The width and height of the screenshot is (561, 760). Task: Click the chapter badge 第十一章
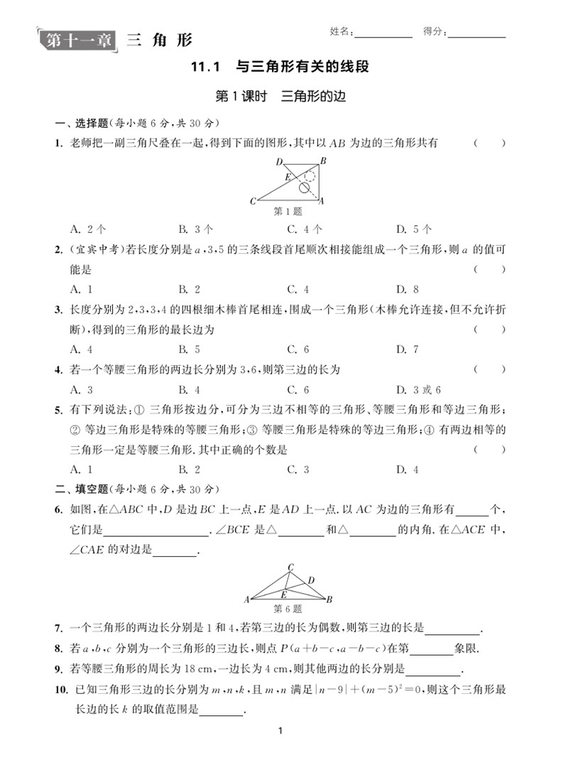(x=79, y=40)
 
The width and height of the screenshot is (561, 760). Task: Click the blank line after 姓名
(x=383, y=33)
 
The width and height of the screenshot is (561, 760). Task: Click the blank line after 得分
(x=476, y=33)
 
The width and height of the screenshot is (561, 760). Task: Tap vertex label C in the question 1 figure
(x=253, y=202)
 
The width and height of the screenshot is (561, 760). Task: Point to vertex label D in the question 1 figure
(x=280, y=161)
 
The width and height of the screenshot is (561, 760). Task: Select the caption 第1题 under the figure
(x=288, y=212)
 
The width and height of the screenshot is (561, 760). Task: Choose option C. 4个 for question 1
(x=305, y=229)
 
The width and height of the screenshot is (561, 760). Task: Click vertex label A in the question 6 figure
(x=246, y=599)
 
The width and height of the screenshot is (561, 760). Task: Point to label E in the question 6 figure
(x=283, y=593)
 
